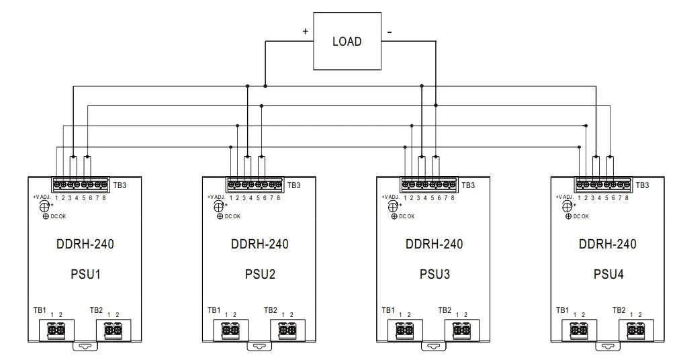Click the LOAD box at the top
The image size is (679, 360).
pos(347,42)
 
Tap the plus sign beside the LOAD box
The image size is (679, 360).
pos(306,32)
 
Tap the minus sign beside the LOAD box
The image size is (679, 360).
pos(389,32)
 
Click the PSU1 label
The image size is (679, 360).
pos(85,274)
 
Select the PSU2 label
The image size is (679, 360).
pos(260,274)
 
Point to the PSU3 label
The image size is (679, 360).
pos(434,274)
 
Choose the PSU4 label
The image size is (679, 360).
pos(608,274)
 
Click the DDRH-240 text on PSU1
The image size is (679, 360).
pos(85,244)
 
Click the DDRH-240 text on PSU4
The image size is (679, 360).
pos(608,244)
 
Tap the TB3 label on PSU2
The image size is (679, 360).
pos(294,185)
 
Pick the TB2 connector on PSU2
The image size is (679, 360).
pos(287,330)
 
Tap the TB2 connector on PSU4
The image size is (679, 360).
pos(635,330)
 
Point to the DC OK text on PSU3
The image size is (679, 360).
pos(406,216)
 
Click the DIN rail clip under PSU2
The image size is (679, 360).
pos(259,347)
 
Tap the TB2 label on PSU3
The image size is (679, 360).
pos(445,310)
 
